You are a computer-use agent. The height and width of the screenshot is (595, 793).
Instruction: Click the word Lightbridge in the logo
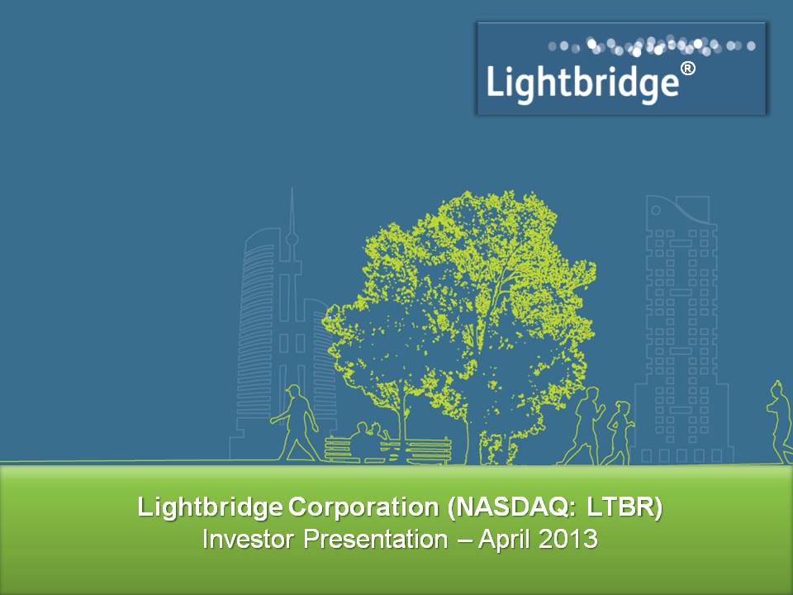coord(582,83)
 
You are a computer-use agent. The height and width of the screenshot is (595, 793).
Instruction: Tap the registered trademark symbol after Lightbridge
coord(688,69)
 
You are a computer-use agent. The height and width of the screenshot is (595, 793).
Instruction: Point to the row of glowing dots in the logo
coord(652,46)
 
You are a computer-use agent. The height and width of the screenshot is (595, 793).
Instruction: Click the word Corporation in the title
coord(363,507)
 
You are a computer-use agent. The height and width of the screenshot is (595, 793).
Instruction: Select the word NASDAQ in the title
coord(510,507)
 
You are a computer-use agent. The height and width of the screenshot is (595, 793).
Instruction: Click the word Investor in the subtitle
coord(248,539)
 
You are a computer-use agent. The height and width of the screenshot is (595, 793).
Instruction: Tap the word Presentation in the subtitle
coord(376,540)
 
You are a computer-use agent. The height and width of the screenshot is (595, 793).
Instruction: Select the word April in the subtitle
coord(505,540)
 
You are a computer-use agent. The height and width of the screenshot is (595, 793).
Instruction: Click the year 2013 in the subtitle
coord(568,539)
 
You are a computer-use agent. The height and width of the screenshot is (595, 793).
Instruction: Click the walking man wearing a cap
coord(296,423)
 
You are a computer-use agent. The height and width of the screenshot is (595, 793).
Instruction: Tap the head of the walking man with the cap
coord(293,392)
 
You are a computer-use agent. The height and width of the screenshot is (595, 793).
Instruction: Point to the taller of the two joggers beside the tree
coord(583,426)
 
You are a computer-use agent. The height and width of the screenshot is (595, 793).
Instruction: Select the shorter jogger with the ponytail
coord(619,432)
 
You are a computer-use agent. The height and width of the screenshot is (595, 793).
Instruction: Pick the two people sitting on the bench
coord(370,441)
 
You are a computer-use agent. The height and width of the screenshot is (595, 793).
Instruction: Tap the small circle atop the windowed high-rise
coord(656,210)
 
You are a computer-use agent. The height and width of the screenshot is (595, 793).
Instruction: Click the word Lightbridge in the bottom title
coord(210,507)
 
